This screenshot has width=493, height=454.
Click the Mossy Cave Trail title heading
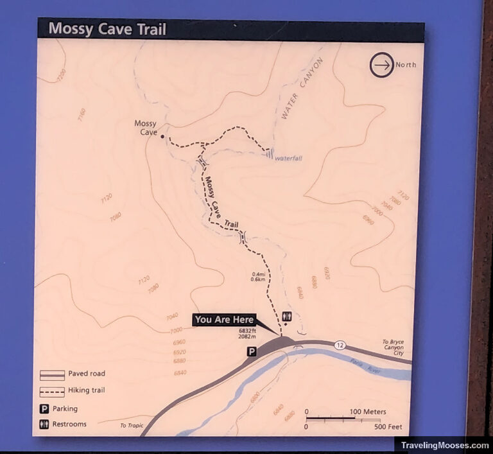click(107, 30)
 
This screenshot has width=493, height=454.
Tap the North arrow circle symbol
click(381, 65)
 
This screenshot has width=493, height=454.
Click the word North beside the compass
click(406, 65)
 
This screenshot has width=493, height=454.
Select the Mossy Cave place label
click(146, 128)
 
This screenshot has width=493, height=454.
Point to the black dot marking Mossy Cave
click(162, 137)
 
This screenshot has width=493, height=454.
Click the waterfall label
click(288, 158)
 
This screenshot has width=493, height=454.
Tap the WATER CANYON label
click(300, 89)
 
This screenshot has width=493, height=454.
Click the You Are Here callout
click(225, 320)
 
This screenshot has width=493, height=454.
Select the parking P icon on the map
click(252, 351)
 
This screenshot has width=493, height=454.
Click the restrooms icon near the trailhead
click(287, 317)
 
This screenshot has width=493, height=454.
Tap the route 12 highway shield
click(340, 345)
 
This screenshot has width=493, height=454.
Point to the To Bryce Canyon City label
click(393, 347)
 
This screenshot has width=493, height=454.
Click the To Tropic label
click(132, 426)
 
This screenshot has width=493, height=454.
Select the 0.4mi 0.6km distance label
click(259, 277)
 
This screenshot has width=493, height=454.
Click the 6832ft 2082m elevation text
click(246, 333)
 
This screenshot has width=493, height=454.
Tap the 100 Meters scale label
click(368, 412)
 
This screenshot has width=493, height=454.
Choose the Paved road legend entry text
click(88, 374)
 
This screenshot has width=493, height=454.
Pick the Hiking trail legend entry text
click(88, 390)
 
